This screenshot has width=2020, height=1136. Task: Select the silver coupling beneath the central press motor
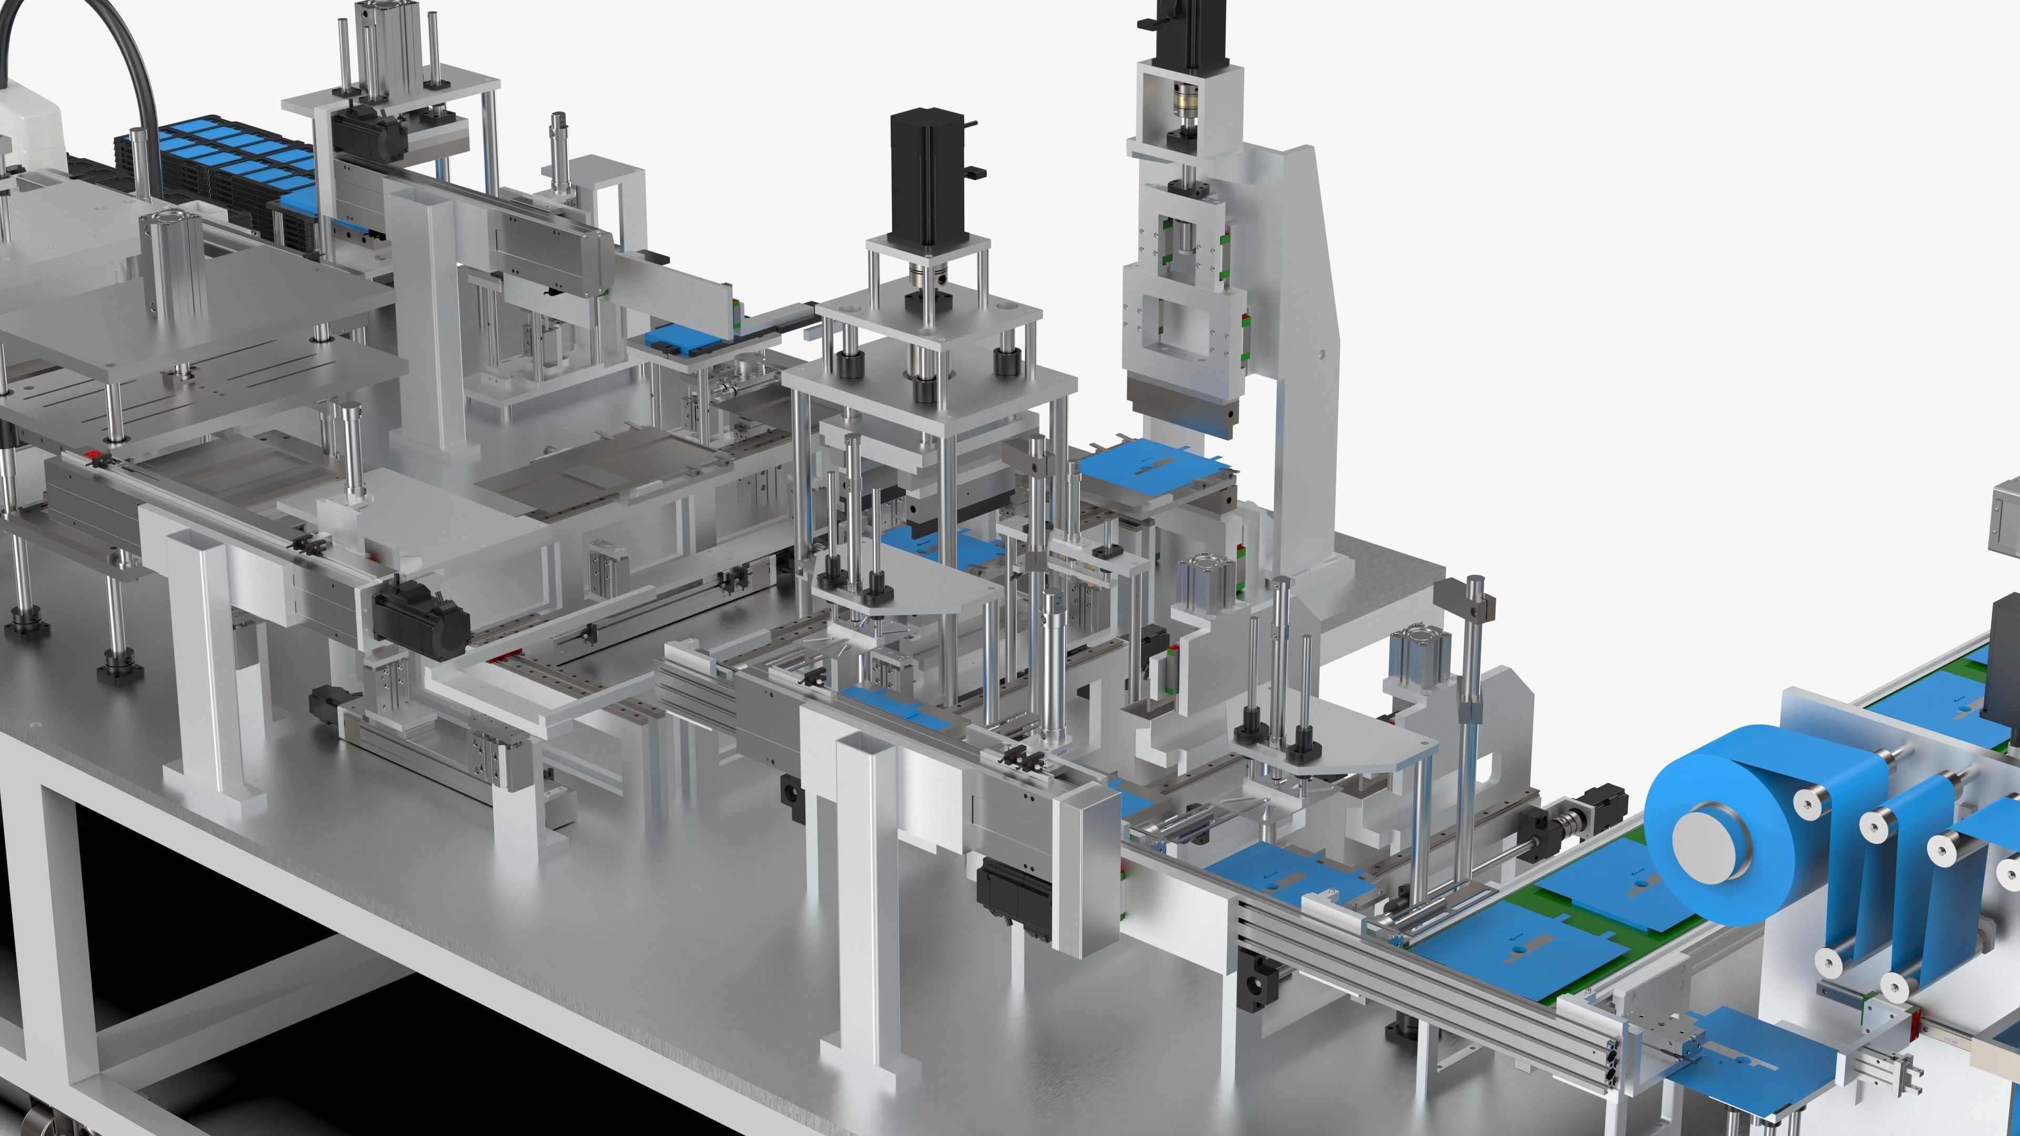(x=925, y=278)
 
